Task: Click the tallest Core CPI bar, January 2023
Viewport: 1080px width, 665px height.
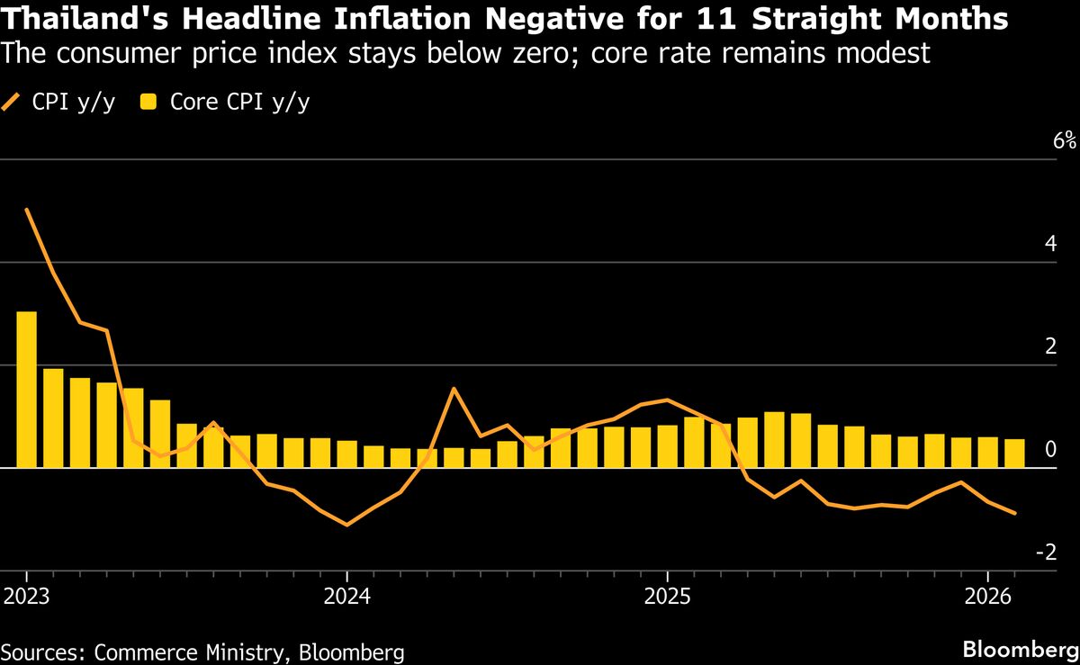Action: (27, 389)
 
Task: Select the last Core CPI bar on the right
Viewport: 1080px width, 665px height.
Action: (1014, 454)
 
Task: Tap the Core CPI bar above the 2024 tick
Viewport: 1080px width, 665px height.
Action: (347, 454)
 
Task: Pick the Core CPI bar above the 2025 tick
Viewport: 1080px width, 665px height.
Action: (667, 446)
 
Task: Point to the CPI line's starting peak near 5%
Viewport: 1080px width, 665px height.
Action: (27, 210)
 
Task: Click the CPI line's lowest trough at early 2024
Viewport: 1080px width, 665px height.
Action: (347, 525)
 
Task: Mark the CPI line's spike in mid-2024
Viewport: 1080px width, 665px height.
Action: (454, 388)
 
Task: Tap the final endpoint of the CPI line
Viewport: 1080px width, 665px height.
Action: (1015, 514)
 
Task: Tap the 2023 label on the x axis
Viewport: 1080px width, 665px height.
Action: (27, 596)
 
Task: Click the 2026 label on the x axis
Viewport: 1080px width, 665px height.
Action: (988, 596)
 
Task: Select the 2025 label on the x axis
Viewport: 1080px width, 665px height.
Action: (667, 596)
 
